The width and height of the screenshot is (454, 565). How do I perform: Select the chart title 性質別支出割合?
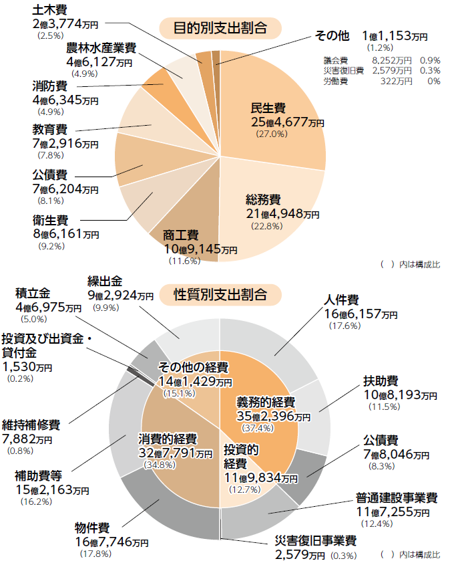[x=220, y=294]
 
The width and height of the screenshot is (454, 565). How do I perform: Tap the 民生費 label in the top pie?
[x=268, y=108]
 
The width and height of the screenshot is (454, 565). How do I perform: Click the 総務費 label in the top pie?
[x=263, y=199]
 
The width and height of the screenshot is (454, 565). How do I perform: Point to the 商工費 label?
[x=181, y=235]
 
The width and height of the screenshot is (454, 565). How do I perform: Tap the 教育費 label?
[x=49, y=128]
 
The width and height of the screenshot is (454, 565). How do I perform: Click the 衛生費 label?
[x=49, y=219]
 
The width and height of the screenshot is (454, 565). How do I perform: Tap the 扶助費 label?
[x=381, y=380]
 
